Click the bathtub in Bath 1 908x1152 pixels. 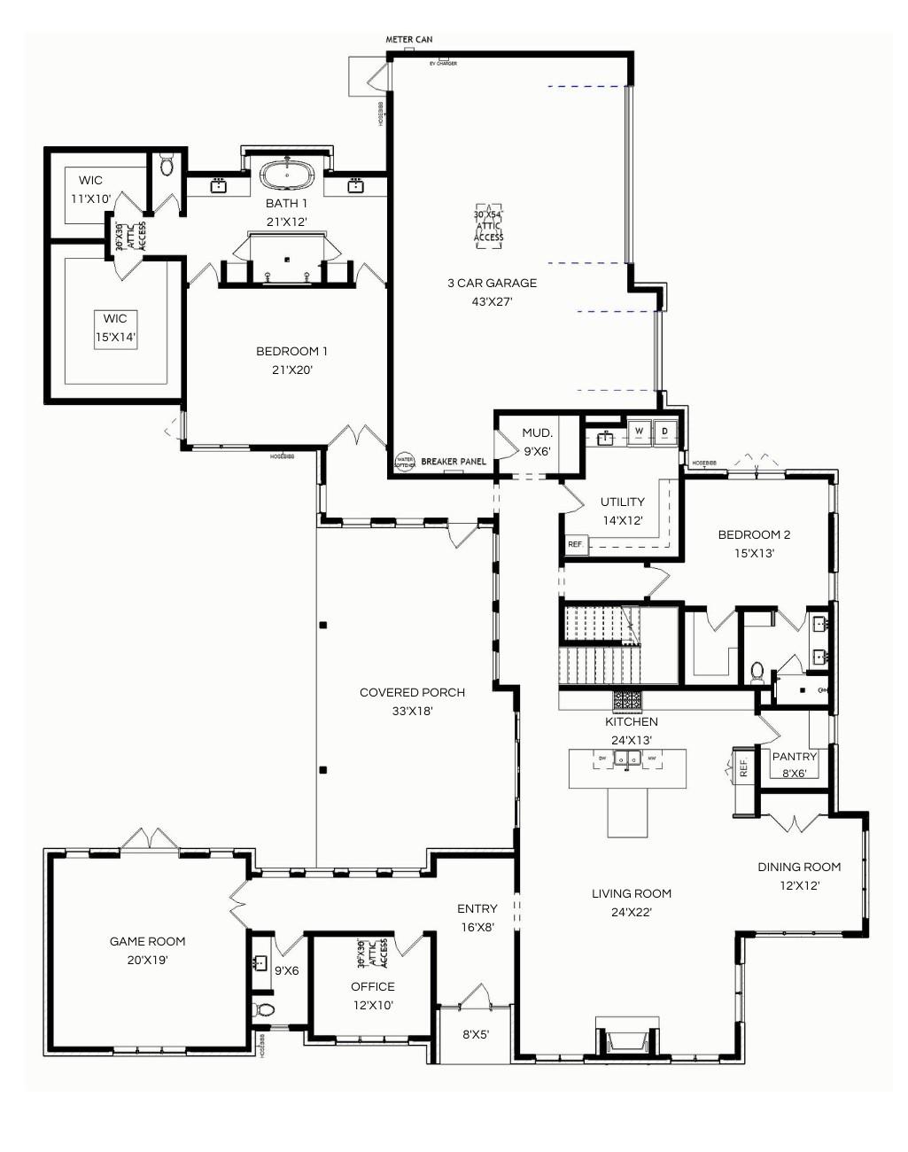(x=287, y=174)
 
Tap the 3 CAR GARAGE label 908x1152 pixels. (x=492, y=284)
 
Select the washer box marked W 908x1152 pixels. (x=639, y=432)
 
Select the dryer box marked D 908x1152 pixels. (x=664, y=432)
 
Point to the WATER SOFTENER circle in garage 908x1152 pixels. (x=404, y=462)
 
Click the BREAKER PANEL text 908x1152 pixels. (x=454, y=462)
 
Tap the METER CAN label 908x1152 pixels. (x=408, y=40)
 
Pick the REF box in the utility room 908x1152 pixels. (x=576, y=544)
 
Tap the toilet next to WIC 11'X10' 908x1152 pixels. (x=167, y=166)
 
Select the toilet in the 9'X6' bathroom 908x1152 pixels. (x=264, y=1009)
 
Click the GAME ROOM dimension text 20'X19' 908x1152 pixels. (x=147, y=959)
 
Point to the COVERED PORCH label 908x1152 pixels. (x=412, y=692)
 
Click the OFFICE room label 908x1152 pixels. (x=372, y=986)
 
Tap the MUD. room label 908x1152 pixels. (x=537, y=433)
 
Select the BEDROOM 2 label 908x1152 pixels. (x=754, y=534)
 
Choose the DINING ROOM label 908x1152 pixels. (x=799, y=867)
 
